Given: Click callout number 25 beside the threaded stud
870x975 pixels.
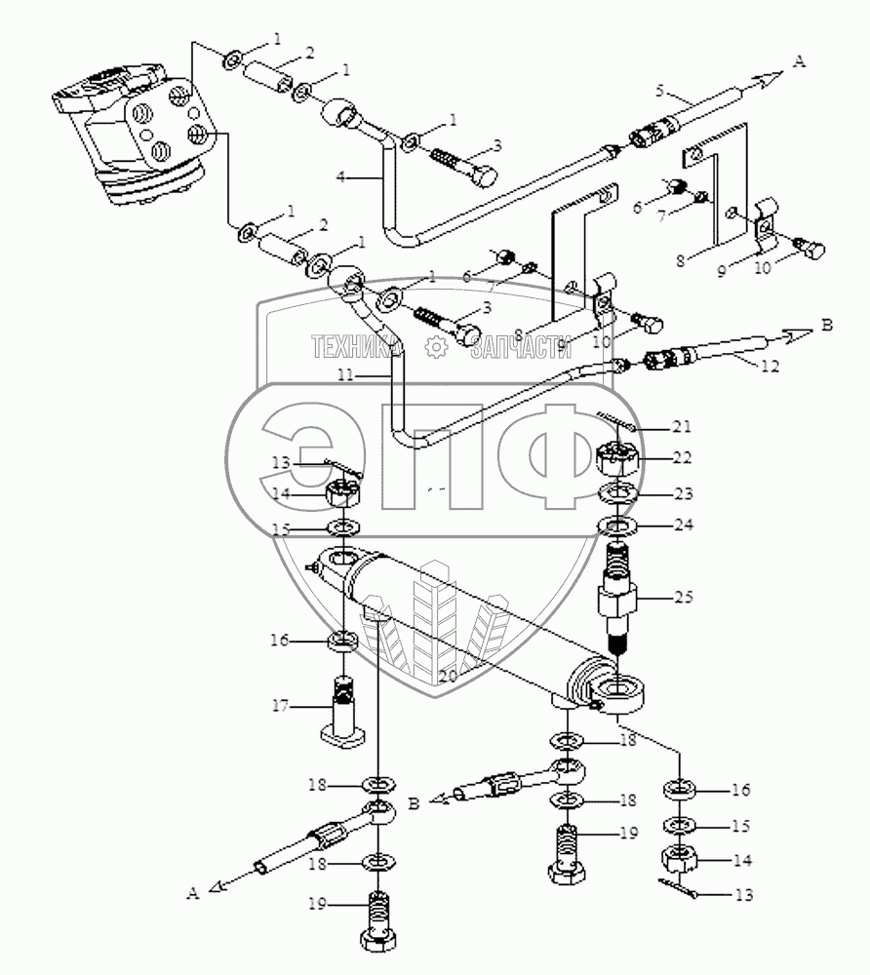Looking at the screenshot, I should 683,594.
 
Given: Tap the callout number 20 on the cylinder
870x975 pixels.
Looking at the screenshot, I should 447,675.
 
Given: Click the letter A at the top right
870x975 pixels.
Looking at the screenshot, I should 800,61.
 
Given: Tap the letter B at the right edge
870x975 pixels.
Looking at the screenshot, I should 827,326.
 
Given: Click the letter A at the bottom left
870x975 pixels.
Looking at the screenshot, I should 193,892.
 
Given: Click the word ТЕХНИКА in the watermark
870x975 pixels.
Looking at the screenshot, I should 355,345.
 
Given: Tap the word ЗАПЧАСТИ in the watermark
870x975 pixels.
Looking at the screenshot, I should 520,345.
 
